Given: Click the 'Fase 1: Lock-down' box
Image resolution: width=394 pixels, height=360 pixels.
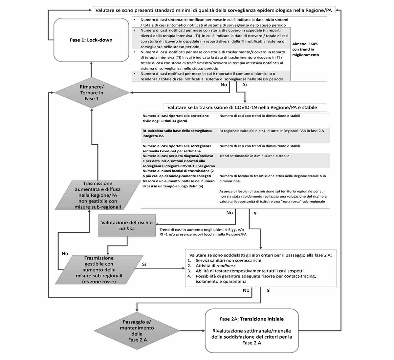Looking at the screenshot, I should pos(91,40).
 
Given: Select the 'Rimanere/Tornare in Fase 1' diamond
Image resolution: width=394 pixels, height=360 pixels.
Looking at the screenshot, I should pos(92,93).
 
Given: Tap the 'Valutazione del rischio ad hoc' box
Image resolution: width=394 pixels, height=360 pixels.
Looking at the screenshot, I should pos(127,225).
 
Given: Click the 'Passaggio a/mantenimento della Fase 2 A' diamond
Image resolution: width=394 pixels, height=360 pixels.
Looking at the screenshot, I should pos(137,330).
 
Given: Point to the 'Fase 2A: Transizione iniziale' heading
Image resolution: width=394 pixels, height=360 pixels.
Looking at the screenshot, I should pos(252,319).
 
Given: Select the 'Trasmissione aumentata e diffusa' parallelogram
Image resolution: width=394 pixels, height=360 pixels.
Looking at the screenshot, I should pos(98,195).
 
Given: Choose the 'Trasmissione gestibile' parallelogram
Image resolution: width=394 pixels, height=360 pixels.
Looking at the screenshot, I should pos(99,270).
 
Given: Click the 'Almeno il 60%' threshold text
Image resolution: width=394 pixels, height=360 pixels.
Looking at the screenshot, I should pos(305,44).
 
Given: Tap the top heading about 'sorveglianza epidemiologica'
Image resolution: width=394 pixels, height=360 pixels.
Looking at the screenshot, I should pos(213,11).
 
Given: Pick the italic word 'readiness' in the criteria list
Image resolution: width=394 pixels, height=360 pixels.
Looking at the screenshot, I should pos(226,266).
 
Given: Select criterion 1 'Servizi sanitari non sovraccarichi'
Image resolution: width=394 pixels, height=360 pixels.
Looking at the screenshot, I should pos(229,261).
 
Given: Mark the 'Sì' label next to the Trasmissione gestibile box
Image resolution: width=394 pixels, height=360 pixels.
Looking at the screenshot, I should pos(144,264).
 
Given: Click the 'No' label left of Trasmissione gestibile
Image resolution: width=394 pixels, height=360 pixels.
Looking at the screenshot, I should pos(65,254).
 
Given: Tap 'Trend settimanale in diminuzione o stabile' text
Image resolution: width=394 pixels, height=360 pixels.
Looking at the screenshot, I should pos(254,156).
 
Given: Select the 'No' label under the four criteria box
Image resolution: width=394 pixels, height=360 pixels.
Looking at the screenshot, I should pos(246,290).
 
